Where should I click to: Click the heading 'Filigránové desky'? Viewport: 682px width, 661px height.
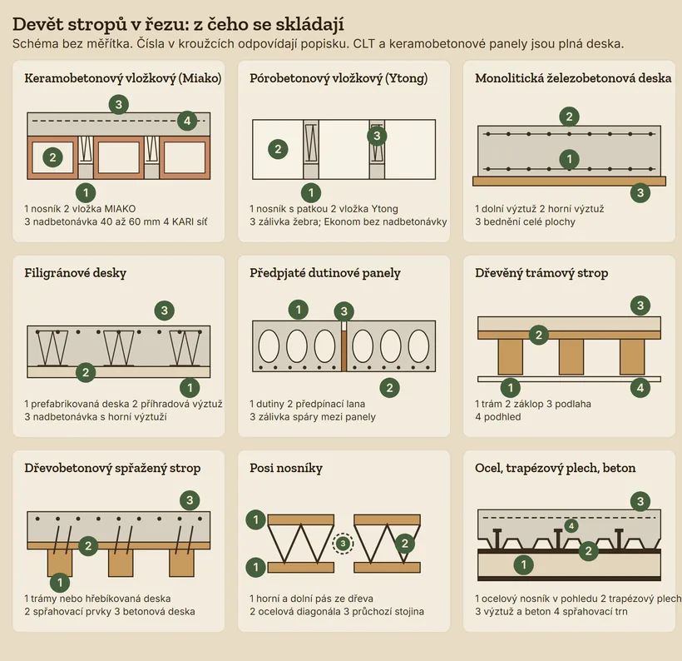click(x=75, y=273)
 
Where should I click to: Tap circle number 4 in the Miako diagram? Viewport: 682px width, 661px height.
click(x=187, y=121)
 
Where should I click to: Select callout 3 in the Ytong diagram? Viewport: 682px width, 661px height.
click(x=377, y=136)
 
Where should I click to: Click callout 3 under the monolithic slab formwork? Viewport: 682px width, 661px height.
click(x=640, y=193)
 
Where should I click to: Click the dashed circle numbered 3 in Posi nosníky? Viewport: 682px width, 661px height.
click(x=343, y=544)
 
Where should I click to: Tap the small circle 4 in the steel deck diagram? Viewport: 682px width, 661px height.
click(x=571, y=526)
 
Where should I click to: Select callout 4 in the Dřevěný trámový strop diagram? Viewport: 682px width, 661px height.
click(x=640, y=388)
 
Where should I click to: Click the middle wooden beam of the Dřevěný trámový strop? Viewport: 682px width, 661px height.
click(x=571, y=357)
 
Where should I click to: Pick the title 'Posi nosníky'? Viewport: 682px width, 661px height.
click(x=286, y=468)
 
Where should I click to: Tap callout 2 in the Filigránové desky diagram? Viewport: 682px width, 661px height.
click(x=86, y=372)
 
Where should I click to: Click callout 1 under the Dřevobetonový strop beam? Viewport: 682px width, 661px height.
click(x=60, y=583)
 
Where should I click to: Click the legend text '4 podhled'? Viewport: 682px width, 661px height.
click(x=498, y=417)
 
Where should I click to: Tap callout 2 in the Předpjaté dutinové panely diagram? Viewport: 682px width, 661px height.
click(x=389, y=388)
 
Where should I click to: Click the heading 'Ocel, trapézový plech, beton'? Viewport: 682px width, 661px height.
click(x=555, y=468)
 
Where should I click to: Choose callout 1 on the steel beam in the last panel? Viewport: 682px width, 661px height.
click(x=523, y=564)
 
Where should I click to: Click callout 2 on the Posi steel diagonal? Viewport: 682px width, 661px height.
click(x=404, y=544)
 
